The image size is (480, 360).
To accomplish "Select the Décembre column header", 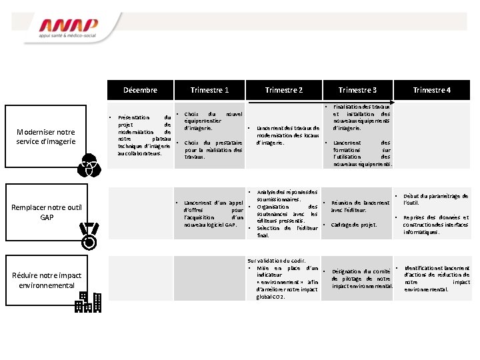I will [x=140, y=90].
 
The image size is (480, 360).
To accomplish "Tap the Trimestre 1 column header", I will [x=209, y=90].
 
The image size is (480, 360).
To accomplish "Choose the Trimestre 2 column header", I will [x=284, y=90].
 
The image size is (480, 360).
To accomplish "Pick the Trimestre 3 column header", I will [x=357, y=90].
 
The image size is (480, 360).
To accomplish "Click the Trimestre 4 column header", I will [x=432, y=90].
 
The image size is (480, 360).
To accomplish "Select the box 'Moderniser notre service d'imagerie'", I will [x=47, y=136].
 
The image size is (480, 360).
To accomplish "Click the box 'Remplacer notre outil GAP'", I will [x=47, y=212].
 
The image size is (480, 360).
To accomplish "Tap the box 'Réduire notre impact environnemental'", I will [x=47, y=281].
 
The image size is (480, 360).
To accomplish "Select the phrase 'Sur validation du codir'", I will [x=276, y=260].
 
